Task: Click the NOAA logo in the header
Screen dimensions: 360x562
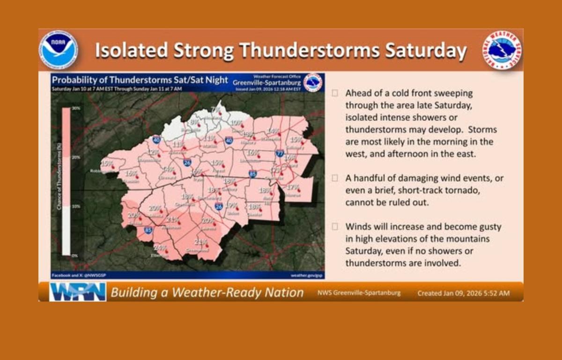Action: click(x=59, y=50)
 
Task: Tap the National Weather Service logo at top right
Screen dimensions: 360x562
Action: click(x=502, y=50)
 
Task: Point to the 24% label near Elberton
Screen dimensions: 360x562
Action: click(x=160, y=247)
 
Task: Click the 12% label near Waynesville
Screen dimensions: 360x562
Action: click(x=153, y=152)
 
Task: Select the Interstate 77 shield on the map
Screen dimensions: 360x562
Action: click(x=280, y=153)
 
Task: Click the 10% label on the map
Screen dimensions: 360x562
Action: click(x=237, y=122)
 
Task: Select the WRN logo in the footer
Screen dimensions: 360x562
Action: click(x=78, y=292)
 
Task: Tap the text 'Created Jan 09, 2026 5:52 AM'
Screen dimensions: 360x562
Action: click(x=463, y=293)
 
